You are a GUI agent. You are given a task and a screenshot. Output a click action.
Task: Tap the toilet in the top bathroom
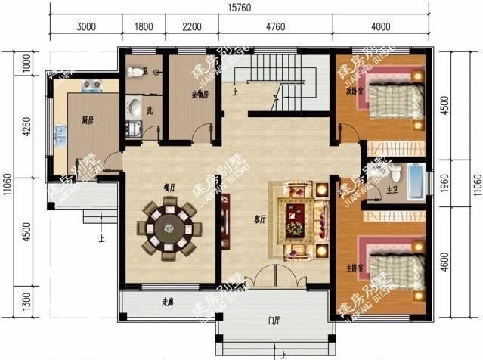pyautogui.click(x=136, y=73)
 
